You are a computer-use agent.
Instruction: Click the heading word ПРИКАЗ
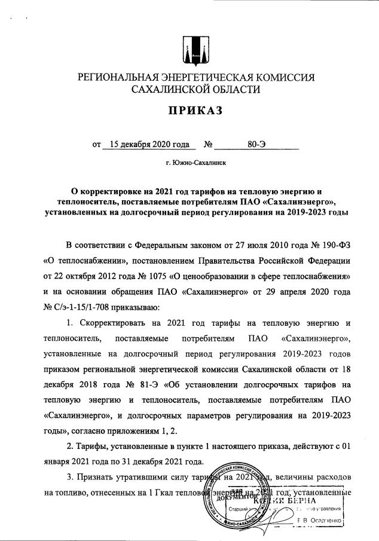coord(189,111)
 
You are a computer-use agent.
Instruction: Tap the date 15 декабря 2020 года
coord(146,144)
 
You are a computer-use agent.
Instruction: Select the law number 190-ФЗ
coord(334,246)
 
